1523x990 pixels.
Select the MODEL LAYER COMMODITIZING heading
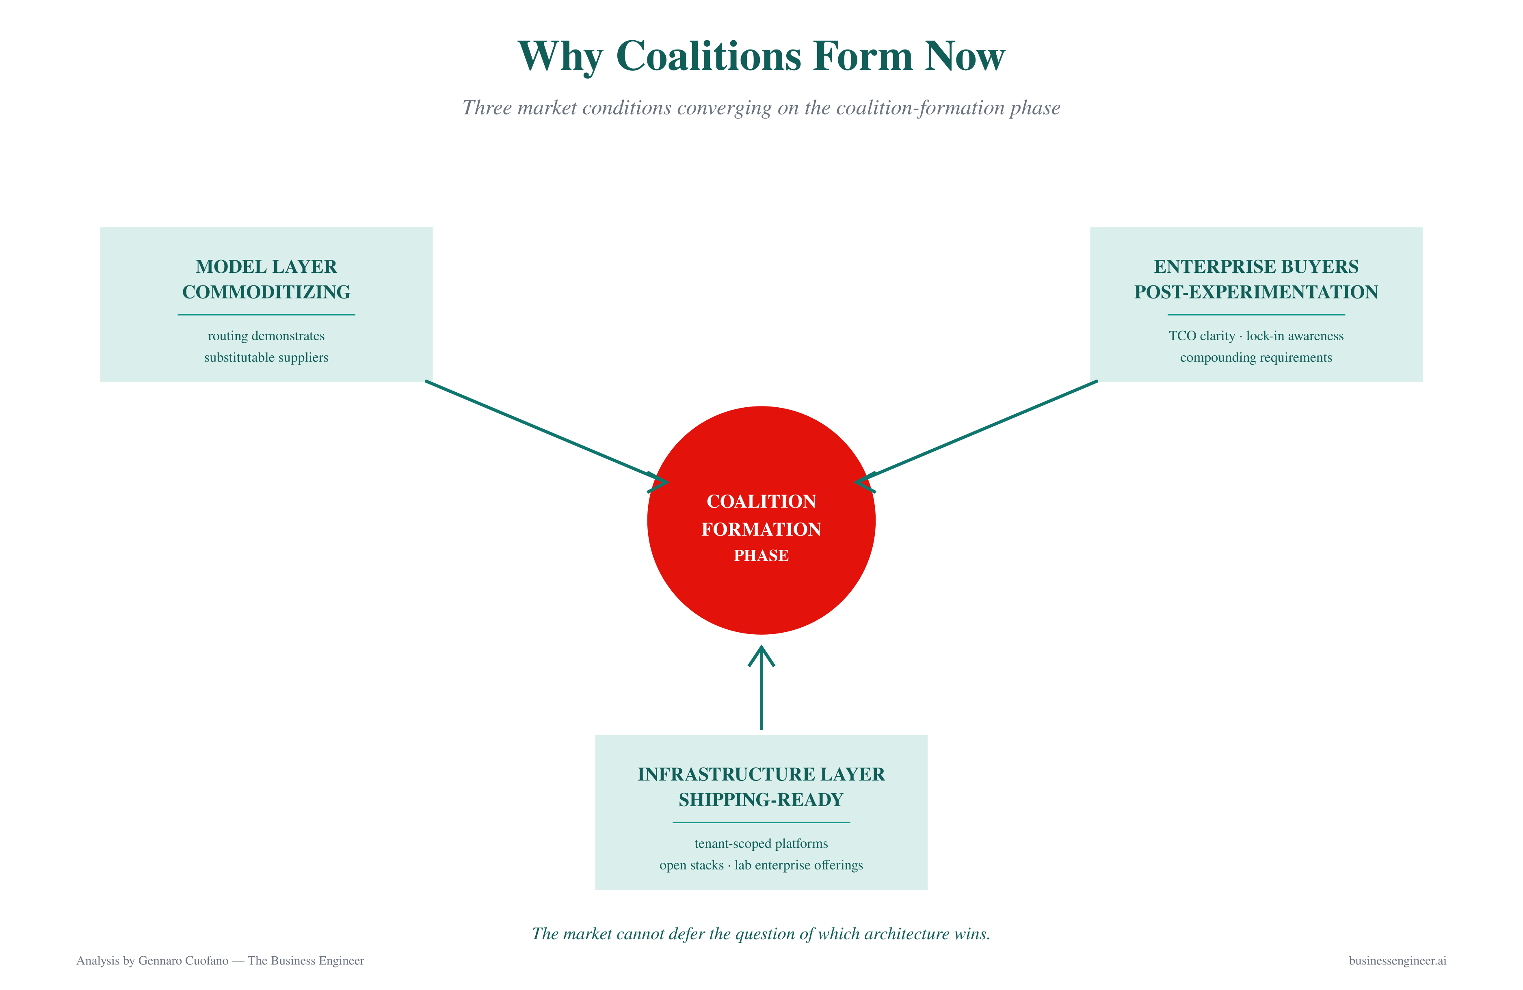[266, 279]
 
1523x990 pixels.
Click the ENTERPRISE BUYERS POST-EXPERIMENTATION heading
[1256, 279]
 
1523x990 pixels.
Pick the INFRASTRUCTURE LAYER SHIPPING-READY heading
[761, 787]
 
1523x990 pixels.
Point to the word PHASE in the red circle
[761, 556]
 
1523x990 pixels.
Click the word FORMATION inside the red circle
[761, 529]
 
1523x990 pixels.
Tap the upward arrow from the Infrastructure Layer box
[761, 687]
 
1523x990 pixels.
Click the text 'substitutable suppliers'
[266, 357]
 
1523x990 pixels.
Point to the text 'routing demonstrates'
[266, 336]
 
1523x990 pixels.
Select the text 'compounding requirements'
[1256, 357]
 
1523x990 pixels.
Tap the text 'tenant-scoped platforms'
[761, 843]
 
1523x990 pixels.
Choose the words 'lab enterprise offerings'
[798, 865]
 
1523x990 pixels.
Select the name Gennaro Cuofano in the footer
[183, 961]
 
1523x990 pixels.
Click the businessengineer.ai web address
[1398, 961]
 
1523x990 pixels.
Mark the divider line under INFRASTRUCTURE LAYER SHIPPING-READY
[761, 822]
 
